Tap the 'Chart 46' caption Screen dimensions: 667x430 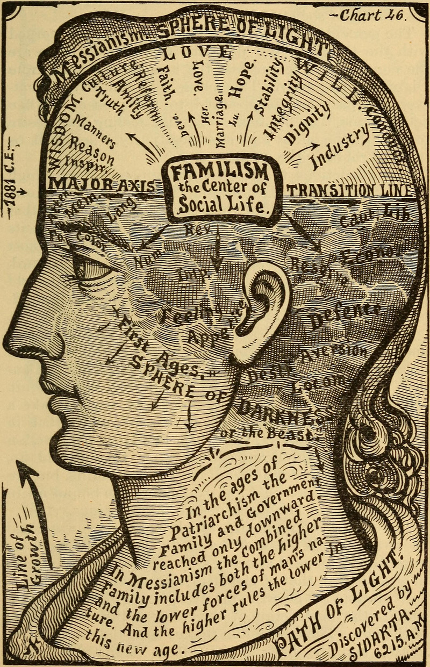[x=371, y=16]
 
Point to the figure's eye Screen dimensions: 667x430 [x=91, y=267]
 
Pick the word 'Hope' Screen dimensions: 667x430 [x=243, y=82]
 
